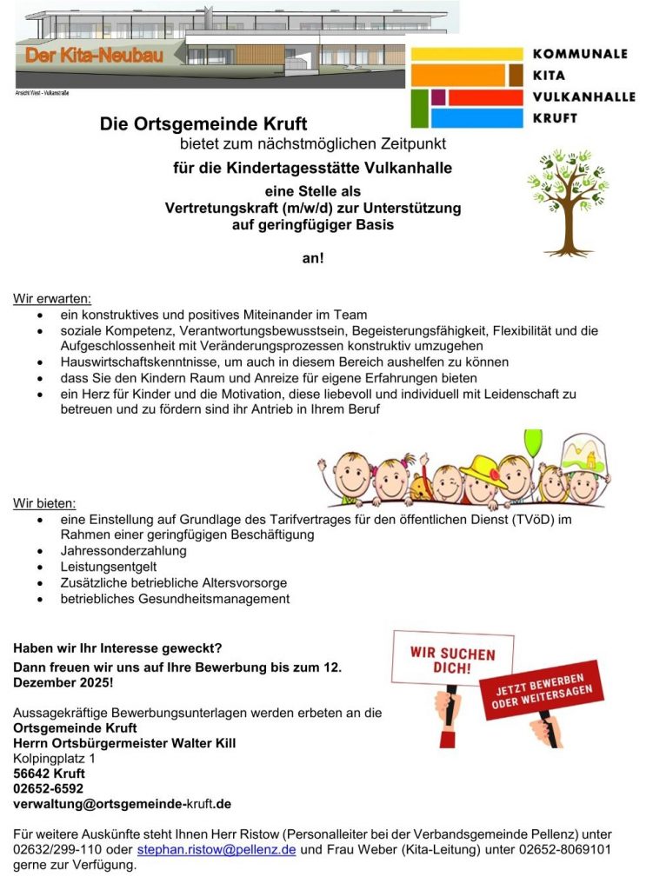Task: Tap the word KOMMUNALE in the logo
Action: pos(578,54)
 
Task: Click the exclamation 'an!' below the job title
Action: pos(312,258)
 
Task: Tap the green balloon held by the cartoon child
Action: pos(532,442)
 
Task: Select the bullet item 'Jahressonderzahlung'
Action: pos(123,551)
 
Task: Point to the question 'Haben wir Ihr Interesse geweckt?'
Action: pos(117,648)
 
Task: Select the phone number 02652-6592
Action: pos(48,788)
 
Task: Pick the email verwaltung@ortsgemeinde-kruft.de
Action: pos(122,804)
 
